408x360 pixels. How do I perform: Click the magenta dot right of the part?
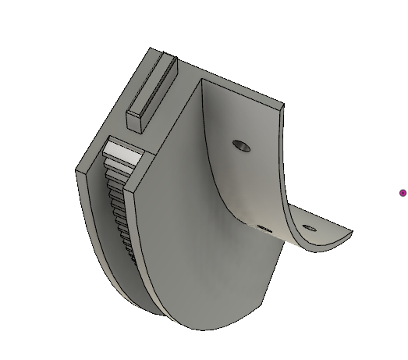pos(403,193)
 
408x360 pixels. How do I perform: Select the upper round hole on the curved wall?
pos(242,145)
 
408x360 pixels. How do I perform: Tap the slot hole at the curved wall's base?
pos(264,229)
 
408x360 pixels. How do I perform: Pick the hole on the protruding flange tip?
pos(310,229)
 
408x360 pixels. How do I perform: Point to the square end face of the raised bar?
pos(136,119)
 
